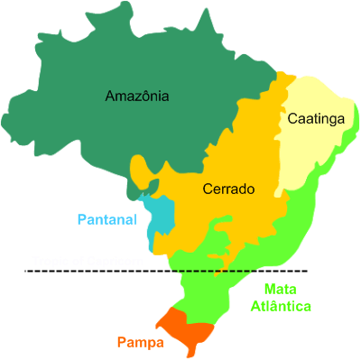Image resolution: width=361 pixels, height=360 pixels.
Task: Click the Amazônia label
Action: pyautogui.click(x=137, y=96)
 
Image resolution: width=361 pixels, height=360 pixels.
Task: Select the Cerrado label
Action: pyautogui.click(x=228, y=189)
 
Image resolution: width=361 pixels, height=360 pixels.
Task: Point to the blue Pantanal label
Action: pyautogui.click(x=106, y=219)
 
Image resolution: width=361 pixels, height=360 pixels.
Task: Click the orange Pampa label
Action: pyautogui.click(x=140, y=343)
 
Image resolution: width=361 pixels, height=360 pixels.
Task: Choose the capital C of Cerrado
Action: pyautogui.click(x=206, y=189)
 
